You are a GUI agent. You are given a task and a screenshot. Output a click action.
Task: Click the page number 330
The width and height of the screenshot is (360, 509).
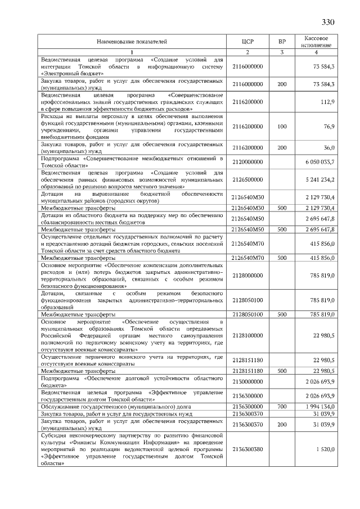(x=328, y=22)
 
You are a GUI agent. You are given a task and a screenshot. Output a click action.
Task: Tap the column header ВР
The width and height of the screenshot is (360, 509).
(x=282, y=42)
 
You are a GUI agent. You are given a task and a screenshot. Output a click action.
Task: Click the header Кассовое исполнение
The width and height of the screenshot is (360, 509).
(x=316, y=42)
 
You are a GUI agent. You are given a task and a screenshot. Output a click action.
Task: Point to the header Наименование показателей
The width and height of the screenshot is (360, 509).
(x=132, y=42)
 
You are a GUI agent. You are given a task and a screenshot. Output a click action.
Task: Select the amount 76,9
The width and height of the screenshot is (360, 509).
(x=328, y=127)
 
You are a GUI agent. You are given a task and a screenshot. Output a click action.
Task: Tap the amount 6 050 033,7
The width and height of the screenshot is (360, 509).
(x=319, y=161)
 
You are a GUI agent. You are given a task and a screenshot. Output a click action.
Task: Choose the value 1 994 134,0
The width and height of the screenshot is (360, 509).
(x=319, y=406)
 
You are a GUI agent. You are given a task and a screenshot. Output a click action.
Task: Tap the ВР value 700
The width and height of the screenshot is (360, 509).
(x=282, y=406)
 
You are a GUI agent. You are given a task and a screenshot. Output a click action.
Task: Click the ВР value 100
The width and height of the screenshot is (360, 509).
(x=282, y=127)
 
